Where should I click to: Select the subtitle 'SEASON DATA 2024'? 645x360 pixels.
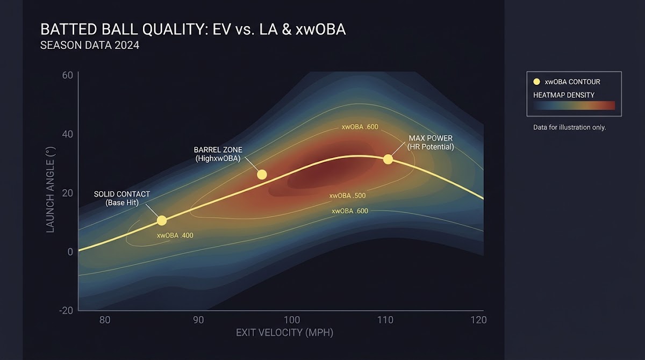90,46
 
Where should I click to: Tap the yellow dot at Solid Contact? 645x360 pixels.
162,221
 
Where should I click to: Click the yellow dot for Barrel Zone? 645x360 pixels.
262,175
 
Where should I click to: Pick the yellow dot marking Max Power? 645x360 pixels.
388,160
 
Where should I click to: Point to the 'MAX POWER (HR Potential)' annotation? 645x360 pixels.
431,142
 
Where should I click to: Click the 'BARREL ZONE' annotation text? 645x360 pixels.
218,149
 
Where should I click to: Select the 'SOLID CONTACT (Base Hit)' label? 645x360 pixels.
122,198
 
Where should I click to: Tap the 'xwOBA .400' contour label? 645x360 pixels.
175,235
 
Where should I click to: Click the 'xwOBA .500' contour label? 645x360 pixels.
347,196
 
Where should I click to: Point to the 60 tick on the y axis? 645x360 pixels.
67,75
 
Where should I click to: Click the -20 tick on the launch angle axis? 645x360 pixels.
66,311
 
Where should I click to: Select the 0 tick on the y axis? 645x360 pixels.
70,252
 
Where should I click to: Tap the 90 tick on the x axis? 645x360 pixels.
198,320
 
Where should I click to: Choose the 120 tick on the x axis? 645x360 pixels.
478,320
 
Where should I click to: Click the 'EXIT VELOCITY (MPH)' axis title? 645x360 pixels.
284,333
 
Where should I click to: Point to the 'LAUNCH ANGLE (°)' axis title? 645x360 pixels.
51,190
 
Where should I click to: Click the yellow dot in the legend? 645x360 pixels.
536,82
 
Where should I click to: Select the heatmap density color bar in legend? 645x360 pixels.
574,105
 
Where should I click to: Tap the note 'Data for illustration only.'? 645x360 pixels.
569,127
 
